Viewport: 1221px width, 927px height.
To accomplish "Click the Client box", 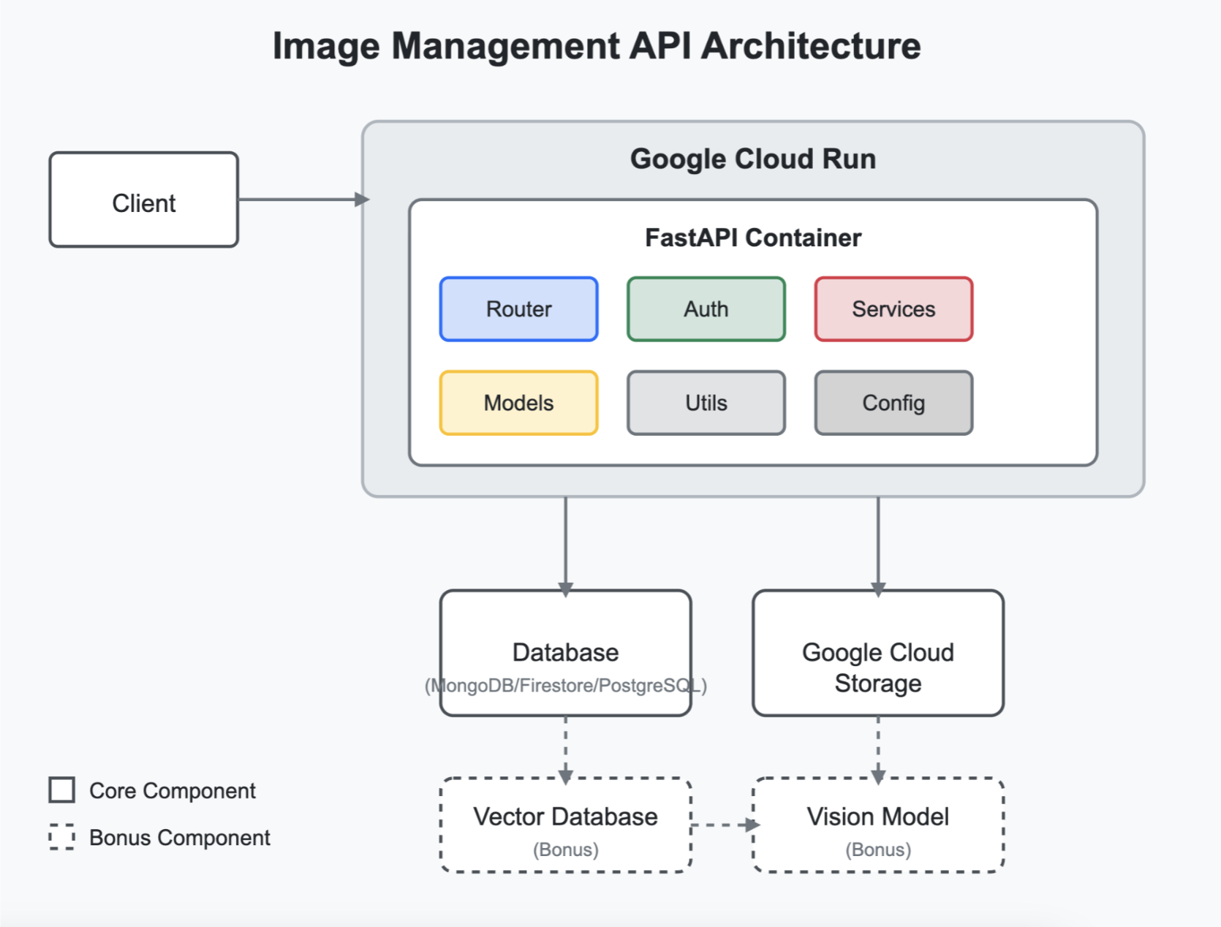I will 143,200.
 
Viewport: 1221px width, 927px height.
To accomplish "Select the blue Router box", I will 518,309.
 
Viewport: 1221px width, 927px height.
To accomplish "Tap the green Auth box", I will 706,309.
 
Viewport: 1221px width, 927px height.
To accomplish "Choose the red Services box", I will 893,309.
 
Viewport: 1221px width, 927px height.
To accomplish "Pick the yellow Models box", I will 518,403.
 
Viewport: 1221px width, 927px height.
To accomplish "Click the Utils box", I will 706,403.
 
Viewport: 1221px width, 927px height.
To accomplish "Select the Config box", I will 893,403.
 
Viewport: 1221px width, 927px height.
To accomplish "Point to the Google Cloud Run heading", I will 752,159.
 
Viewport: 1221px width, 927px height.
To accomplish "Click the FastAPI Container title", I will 752,238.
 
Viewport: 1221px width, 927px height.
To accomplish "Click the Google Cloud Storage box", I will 877,653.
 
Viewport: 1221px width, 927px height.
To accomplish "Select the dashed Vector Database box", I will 565,825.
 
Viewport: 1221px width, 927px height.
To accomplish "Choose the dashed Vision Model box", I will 877,825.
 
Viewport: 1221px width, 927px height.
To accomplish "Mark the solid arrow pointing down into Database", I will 565,545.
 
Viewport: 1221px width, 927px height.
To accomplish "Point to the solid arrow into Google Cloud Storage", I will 877,545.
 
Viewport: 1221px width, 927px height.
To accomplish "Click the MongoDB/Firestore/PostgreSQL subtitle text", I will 565,686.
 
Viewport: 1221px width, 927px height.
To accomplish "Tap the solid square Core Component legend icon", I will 62,790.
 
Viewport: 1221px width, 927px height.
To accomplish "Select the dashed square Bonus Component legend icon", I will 62,837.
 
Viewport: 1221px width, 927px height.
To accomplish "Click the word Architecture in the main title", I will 810,45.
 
